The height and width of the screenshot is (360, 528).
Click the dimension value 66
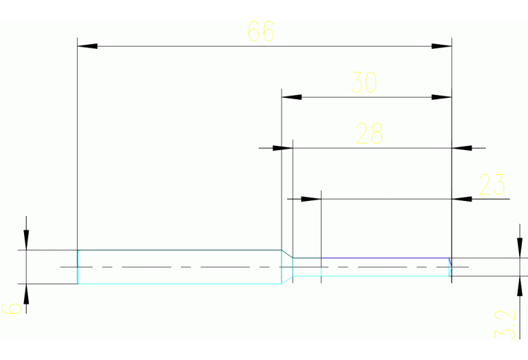tap(261, 32)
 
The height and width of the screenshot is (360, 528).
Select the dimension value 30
tap(364, 83)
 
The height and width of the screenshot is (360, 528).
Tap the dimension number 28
tap(369, 134)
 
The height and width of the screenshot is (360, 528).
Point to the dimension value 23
tap(492, 184)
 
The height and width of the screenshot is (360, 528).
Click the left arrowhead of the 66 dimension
tap(87, 46)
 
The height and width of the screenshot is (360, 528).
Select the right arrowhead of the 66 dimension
tap(441, 46)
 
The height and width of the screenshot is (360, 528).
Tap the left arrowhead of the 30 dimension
tap(292, 97)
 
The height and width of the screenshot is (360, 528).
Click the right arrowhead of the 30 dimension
tap(441, 97)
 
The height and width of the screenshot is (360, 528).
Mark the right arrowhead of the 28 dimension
tap(462, 147)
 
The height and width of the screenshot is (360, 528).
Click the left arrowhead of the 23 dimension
tap(311, 199)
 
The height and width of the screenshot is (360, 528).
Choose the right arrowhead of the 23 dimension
tap(462, 199)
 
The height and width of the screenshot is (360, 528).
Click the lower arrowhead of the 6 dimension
tap(26, 294)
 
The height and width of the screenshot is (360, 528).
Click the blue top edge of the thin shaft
tap(386, 258)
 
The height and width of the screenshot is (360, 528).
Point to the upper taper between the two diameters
tap(287, 254)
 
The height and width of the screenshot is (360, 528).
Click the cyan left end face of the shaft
tap(78, 266)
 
